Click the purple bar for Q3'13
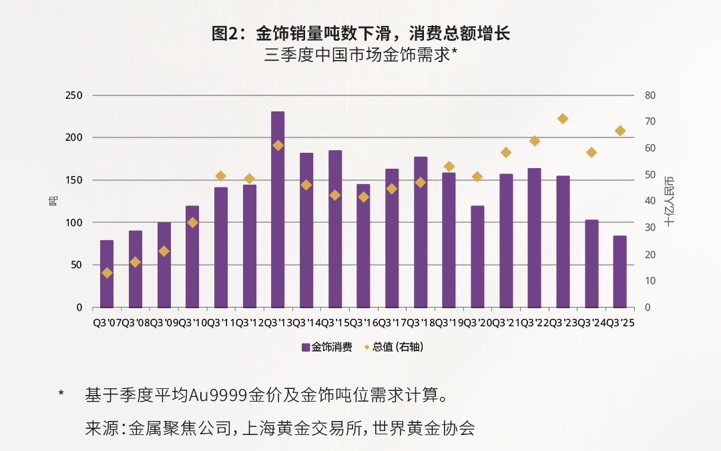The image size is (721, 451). point(278,209)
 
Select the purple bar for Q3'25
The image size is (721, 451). point(620,272)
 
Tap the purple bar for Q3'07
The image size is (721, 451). point(107,274)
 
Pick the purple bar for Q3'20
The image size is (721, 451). point(477,257)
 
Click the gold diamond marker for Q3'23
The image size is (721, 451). point(563,119)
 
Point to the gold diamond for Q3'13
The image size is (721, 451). point(278,145)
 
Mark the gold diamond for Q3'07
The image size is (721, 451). point(107,273)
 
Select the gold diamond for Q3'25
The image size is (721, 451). point(620,131)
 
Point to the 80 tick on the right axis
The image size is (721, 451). point(651,95)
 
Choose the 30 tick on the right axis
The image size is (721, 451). point(651,228)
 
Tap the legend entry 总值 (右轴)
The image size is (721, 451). point(398,347)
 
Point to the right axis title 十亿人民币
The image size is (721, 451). point(670,201)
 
